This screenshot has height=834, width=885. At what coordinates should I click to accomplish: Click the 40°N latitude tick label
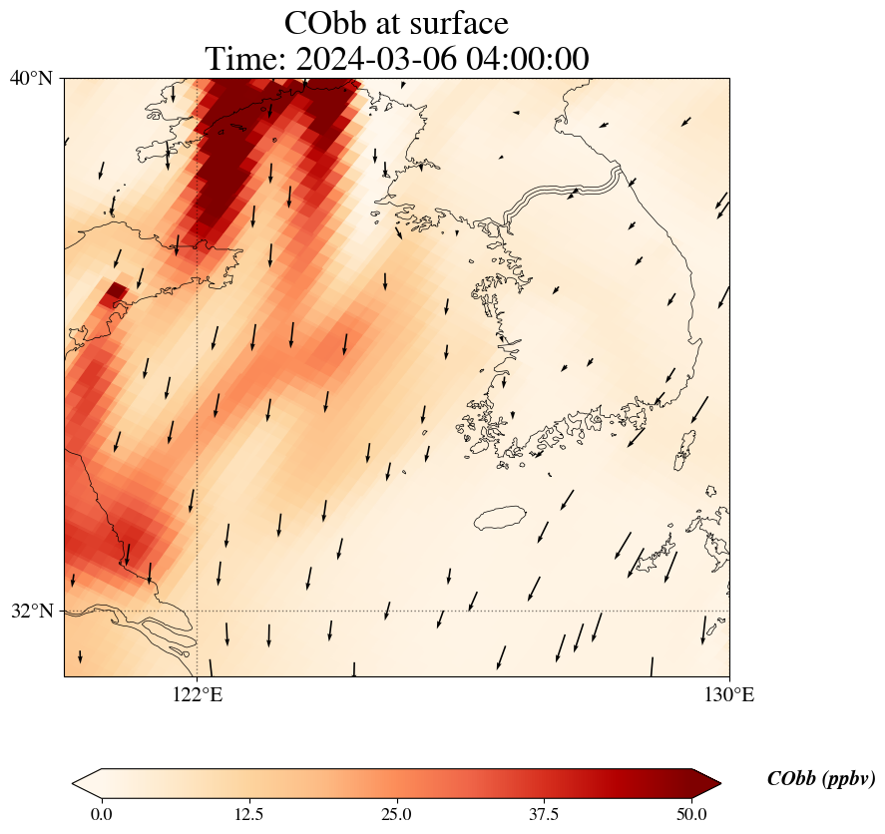31,78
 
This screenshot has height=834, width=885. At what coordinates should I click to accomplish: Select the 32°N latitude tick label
31,611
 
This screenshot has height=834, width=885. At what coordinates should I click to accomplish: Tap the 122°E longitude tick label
198,694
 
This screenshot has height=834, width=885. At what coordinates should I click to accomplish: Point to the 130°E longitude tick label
729,694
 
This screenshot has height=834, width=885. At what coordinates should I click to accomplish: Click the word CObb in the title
329,23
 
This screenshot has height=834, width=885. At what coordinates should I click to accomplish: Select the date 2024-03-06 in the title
376,59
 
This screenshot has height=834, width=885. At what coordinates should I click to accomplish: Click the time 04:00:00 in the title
525,59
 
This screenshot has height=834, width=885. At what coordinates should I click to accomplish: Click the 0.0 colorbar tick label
101,814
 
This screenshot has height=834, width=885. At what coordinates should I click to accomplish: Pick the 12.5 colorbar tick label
248,814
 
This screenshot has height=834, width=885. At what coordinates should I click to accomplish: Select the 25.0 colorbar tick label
396,814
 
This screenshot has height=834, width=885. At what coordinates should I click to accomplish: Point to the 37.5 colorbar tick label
544,814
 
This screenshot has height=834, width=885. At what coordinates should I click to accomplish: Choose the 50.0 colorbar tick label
691,814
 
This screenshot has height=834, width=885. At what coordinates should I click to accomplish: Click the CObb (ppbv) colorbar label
821,779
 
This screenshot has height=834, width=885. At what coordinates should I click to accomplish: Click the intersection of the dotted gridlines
198,611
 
